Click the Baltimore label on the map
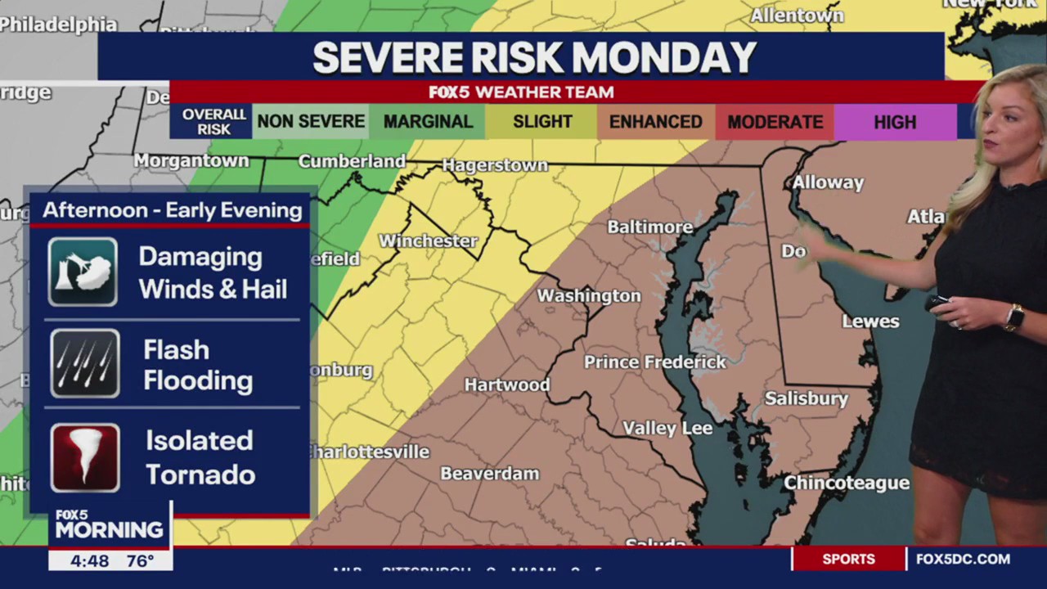(x=649, y=227)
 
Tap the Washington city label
(x=588, y=295)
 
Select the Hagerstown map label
(x=495, y=165)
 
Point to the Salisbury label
(x=806, y=398)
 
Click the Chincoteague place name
(x=847, y=483)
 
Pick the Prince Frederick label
(x=654, y=362)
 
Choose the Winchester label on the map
(x=428, y=241)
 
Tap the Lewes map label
(x=870, y=321)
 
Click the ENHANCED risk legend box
(x=655, y=122)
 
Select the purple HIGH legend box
(x=894, y=122)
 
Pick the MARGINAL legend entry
(x=428, y=122)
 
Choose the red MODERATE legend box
(x=775, y=122)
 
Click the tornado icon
(x=85, y=457)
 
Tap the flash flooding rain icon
(x=84, y=363)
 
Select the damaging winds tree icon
(x=83, y=272)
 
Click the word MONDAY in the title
(x=663, y=57)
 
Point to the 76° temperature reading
(x=140, y=561)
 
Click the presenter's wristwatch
(x=1014, y=317)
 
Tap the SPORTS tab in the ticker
(x=848, y=560)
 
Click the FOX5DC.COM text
(x=963, y=560)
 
